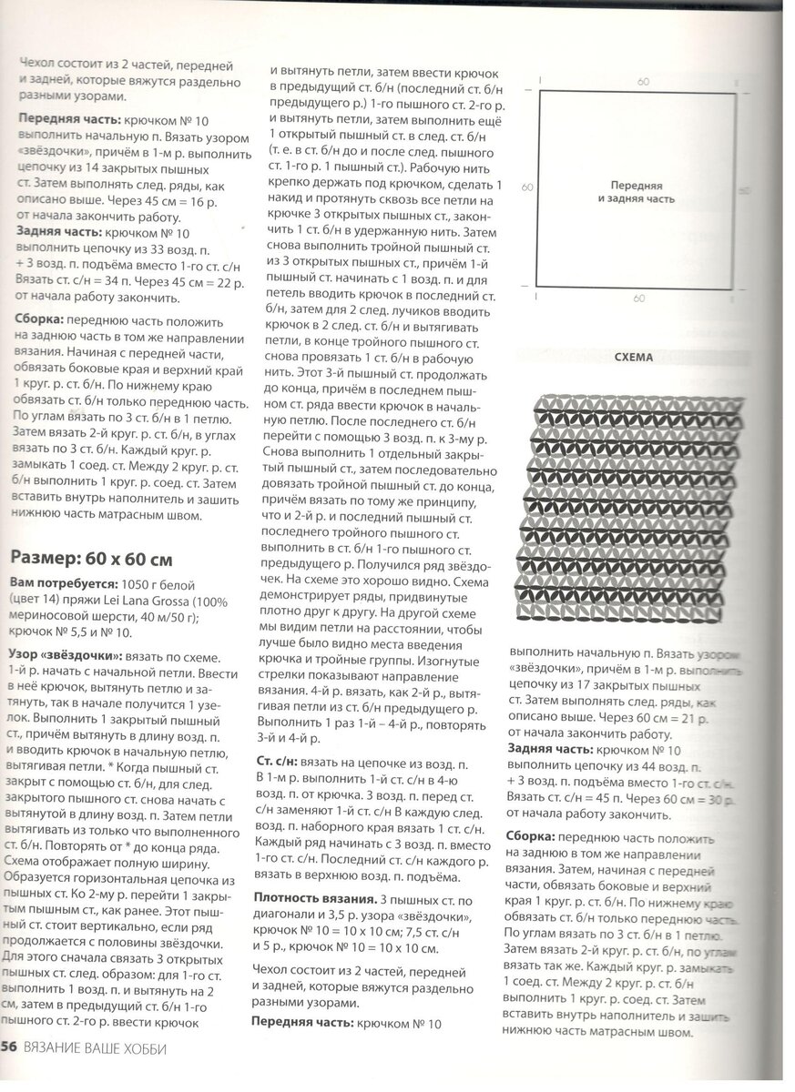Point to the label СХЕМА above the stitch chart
point(634,358)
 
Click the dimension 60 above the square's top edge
point(643,82)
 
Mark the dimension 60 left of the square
point(526,187)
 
